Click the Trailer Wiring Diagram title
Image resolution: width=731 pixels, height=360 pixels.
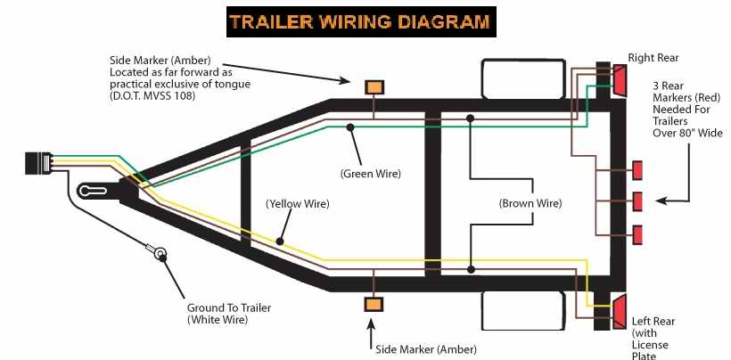[x=360, y=21]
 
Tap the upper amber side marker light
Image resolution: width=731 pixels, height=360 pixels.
[x=374, y=87]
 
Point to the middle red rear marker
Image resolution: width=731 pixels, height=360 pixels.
[x=637, y=201]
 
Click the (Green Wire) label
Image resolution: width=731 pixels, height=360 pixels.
[x=371, y=173]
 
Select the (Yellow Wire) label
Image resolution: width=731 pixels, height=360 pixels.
[x=298, y=204]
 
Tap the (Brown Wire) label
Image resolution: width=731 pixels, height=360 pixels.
[x=530, y=204]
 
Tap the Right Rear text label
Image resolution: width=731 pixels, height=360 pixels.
[x=653, y=58]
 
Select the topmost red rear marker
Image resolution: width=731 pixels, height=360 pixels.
[x=637, y=169]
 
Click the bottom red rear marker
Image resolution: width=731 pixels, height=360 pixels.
[x=637, y=234]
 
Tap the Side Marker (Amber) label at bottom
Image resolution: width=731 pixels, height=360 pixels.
[x=426, y=348]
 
